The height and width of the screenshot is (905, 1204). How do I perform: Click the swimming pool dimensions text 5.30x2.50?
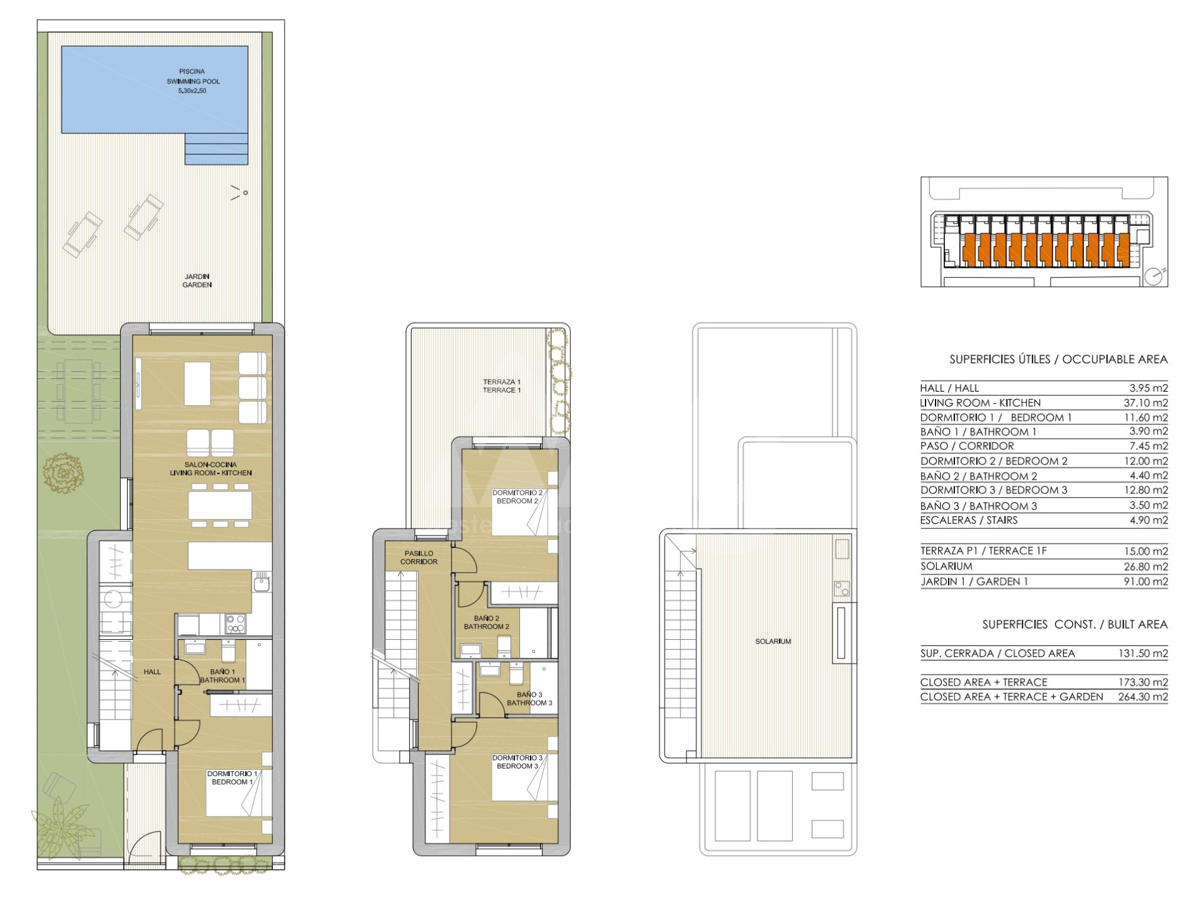point(192,91)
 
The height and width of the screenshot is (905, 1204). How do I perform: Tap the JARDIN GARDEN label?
point(197,280)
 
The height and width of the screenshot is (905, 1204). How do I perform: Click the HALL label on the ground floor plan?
point(152,672)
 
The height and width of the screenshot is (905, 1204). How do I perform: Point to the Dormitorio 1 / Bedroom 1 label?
point(232,778)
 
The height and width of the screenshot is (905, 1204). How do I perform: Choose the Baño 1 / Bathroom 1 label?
point(223,676)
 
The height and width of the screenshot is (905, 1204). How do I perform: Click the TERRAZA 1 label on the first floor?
point(502,386)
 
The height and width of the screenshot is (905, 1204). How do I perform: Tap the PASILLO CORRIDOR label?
point(419,557)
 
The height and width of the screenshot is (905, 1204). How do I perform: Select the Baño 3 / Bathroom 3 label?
point(529,699)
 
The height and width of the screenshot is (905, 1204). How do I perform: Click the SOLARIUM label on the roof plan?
point(773,642)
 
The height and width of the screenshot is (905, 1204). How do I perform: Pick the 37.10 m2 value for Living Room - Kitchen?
point(1146,403)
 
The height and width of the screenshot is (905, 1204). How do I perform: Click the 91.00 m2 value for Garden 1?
point(1146,582)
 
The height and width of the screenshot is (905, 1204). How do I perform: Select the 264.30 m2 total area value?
point(1143,697)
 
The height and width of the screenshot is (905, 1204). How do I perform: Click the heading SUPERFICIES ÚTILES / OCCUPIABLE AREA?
point(1058,359)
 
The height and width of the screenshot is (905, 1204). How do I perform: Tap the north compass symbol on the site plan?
point(1155,275)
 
